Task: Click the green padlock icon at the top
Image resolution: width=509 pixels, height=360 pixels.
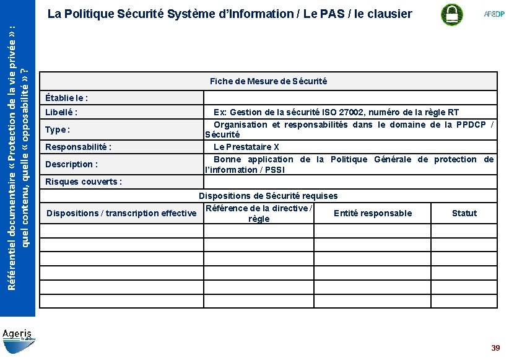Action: tap(451, 14)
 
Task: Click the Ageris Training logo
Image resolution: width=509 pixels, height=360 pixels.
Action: tap(19, 336)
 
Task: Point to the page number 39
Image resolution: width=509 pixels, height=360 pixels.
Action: tap(495, 348)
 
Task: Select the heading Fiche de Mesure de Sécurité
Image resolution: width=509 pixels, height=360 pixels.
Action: tap(268, 81)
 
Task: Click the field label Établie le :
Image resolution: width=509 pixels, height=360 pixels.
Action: tap(67, 98)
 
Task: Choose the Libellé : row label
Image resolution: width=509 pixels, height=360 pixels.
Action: tap(61, 112)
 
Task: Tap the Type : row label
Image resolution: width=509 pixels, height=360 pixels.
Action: tap(58, 130)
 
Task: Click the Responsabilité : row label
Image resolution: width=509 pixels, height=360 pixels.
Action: tap(79, 147)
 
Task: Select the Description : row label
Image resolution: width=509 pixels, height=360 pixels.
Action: tap(72, 164)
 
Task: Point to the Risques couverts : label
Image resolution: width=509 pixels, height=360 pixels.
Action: tap(84, 182)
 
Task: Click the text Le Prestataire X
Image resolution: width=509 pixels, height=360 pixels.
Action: tap(246, 147)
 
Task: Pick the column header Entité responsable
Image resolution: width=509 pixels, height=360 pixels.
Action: tap(373, 213)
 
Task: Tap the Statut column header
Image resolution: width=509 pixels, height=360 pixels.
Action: tap(464, 213)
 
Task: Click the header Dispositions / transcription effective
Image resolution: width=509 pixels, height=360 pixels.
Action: tap(121, 213)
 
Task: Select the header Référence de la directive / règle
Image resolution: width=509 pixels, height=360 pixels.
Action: tap(259, 213)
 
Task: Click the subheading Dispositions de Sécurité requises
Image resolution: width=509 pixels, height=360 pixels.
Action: tap(268, 196)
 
